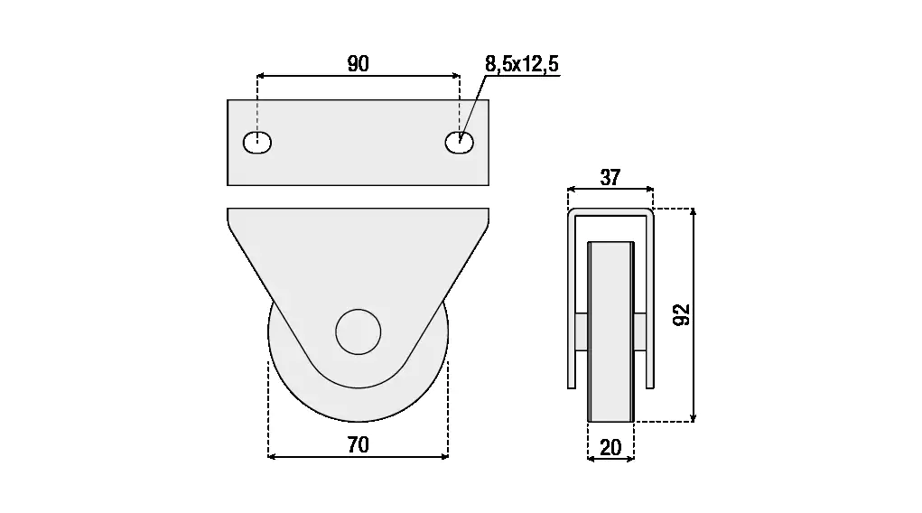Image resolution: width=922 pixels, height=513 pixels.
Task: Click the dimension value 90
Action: click(x=359, y=63)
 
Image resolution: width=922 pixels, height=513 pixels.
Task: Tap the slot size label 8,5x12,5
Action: click(x=522, y=63)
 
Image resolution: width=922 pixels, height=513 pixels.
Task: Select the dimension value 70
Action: click(x=359, y=444)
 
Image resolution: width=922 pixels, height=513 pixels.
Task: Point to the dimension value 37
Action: click(x=610, y=177)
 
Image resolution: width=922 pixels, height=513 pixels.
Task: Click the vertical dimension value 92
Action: click(x=682, y=314)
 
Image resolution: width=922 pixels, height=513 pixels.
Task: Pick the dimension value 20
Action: click(x=611, y=448)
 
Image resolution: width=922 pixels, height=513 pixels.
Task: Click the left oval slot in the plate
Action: click(x=257, y=143)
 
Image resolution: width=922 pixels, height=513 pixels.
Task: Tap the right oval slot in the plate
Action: click(x=460, y=143)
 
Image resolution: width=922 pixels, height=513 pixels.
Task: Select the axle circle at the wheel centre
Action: click(x=359, y=331)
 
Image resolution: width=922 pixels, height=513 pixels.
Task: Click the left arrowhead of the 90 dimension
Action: click(x=260, y=75)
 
